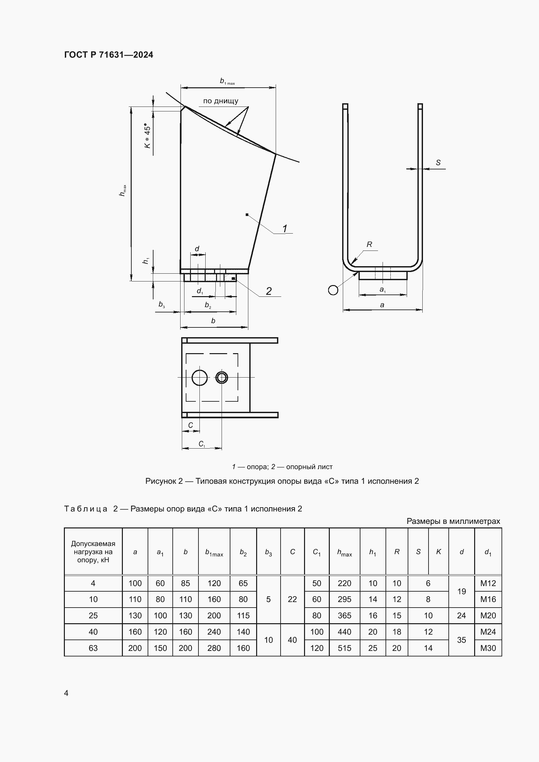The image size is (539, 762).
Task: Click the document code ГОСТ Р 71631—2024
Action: (109, 55)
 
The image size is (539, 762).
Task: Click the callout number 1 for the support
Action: (285, 228)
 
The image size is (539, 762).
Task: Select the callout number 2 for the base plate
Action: (269, 291)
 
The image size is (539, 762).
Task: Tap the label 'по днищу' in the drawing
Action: (221, 101)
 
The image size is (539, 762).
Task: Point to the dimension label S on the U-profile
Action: (438, 163)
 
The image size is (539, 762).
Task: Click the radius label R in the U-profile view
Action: (370, 245)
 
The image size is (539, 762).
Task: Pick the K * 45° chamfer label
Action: (147, 137)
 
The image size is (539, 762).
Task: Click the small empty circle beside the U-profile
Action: (333, 290)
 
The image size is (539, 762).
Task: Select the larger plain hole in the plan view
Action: (200, 377)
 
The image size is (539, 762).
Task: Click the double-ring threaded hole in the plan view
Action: (222, 377)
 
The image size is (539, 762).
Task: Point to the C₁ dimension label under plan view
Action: (202, 444)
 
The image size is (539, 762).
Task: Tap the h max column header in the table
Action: (344, 552)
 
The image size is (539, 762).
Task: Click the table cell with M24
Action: (488, 632)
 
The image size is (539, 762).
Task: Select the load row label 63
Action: (93, 648)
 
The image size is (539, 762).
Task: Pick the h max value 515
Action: (344, 648)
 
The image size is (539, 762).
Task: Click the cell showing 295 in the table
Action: (344, 599)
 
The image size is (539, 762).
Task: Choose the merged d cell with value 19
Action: (462, 591)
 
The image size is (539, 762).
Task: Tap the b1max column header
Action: (214, 552)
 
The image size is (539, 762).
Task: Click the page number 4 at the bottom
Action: (66, 693)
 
